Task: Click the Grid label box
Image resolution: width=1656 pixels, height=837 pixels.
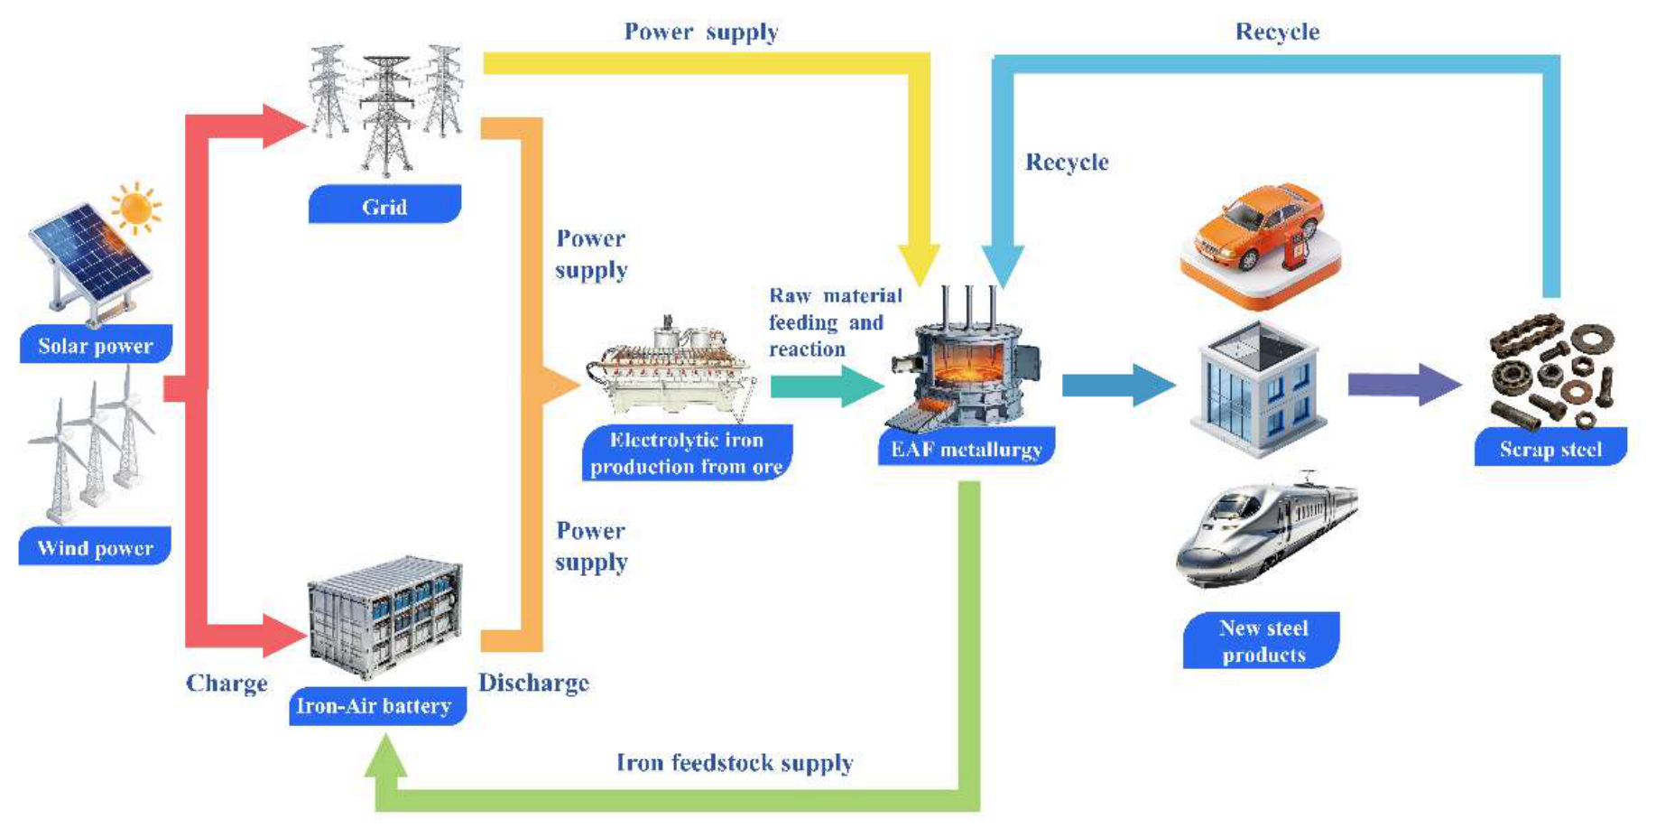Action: [384, 204]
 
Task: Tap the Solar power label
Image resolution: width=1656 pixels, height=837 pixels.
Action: [96, 344]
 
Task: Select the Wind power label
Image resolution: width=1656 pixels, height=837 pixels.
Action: [95, 546]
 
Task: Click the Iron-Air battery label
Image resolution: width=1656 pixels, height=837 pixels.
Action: [377, 705]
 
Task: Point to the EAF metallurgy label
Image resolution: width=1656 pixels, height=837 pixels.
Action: [967, 448]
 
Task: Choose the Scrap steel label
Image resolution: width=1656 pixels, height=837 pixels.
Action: [1550, 448]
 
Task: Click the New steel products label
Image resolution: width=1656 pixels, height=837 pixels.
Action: [1262, 640]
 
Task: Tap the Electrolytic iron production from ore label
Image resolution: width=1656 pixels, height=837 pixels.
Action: [688, 452]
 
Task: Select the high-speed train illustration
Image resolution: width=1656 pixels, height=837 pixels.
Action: [1265, 531]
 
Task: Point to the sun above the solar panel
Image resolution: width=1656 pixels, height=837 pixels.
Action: [136, 208]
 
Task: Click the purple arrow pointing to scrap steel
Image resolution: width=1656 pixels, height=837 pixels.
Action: [1404, 385]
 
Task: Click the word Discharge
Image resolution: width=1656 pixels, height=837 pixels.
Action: [533, 683]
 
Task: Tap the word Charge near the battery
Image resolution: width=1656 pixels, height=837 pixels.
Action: [227, 684]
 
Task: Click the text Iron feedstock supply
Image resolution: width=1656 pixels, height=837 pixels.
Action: [735, 763]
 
